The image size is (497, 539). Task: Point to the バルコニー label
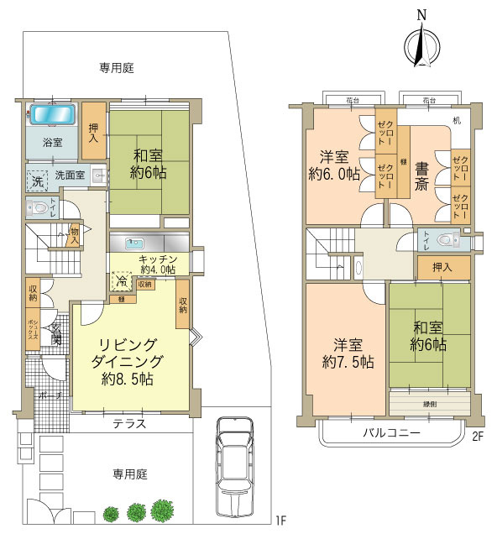pyautogui.click(x=390, y=432)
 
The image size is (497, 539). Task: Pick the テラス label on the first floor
pyautogui.click(x=130, y=424)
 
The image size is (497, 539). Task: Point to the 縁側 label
pyautogui.click(x=429, y=402)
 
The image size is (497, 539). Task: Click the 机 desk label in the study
pyautogui.click(x=456, y=123)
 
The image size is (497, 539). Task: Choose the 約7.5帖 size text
pyautogui.click(x=347, y=362)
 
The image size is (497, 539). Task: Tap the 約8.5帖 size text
pyautogui.click(x=125, y=379)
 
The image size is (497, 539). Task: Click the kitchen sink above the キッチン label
pyautogui.click(x=134, y=243)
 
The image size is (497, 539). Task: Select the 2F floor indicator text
pyautogui.click(x=478, y=436)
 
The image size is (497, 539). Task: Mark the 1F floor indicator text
pyautogui.click(x=282, y=521)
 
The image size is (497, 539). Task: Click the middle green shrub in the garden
pyautogui.click(x=138, y=512)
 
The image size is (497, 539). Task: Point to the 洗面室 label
pyautogui.click(x=70, y=176)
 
